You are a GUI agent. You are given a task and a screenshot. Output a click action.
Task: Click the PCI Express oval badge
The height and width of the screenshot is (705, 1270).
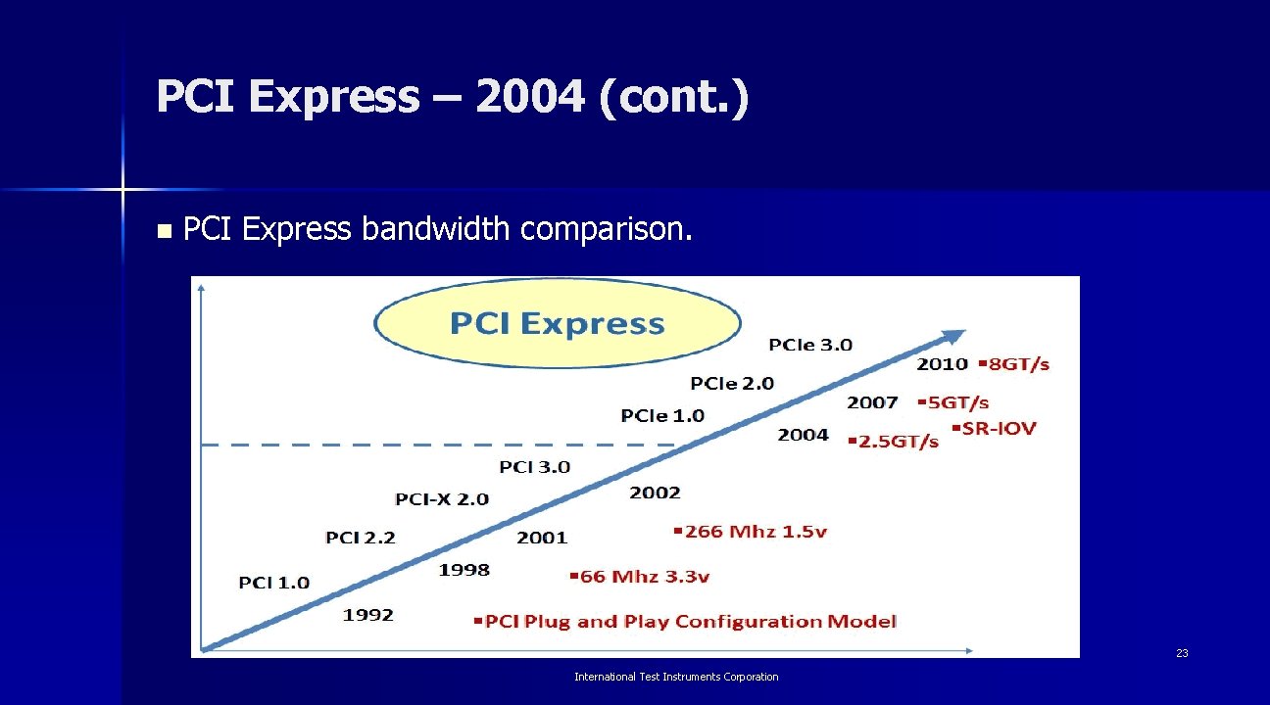tap(557, 323)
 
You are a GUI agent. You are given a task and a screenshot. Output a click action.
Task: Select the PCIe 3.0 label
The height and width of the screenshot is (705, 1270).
tap(810, 345)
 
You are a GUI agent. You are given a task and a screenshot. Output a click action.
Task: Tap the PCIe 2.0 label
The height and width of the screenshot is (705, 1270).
tap(732, 383)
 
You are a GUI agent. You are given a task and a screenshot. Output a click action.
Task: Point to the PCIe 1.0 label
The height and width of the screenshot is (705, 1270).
tap(662, 416)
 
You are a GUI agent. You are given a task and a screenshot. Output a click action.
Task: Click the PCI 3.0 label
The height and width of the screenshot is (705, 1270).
tap(534, 467)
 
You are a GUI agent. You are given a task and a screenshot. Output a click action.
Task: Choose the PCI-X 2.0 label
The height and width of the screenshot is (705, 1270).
tap(442, 499)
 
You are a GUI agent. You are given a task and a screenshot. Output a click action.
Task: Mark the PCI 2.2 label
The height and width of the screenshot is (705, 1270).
tap(361, 538)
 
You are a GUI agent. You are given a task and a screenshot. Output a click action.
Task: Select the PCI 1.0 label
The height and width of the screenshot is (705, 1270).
tap(274, 583)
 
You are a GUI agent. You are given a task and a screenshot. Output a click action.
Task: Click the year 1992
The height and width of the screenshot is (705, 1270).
tap(368, 615)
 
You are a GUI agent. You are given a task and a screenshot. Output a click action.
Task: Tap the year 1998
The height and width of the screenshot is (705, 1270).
tap(464, 570)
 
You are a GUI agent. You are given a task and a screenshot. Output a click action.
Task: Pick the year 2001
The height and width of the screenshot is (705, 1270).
tap(542, 538)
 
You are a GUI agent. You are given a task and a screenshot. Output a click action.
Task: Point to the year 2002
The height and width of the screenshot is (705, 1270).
tap(655, 493)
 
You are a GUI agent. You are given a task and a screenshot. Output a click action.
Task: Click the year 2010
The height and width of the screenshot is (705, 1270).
tap(942, 364)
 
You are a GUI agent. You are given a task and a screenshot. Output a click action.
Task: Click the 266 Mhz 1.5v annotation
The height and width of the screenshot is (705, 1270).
tap(751, 532)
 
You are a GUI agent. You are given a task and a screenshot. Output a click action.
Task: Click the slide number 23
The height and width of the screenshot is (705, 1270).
tap(1182, 653)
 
